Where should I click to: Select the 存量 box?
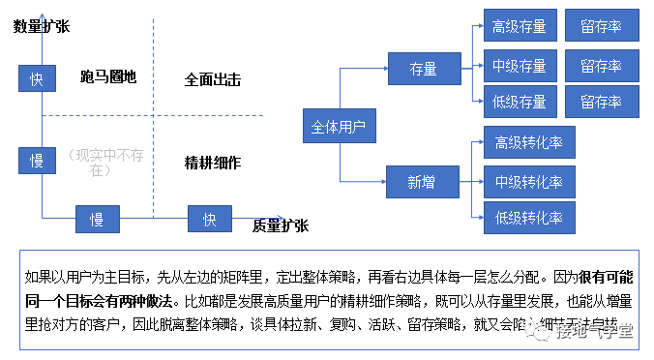pyautogui.click(x=423, y=69)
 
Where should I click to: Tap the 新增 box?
pyautogui.click(x=423, y=180)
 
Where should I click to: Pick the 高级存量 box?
pyautogui.click(x=519, y=27)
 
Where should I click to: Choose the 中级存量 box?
pyautogui.click(x=519, y=66)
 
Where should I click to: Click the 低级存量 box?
pyautogui.click(x=519, y=102)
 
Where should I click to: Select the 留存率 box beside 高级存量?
pyautogui.click(x=601, y=27)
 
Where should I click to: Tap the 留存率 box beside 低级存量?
pyautogui.click(x=601, y=102)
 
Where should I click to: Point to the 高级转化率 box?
pyautogui.click(x=528, y=143)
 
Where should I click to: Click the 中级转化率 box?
pyautogui.click(x=528, y=180)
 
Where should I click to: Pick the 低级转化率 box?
pyautogui.click(x=528, y=217)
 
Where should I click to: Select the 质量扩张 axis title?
pyautogui.click(x=280, y=225)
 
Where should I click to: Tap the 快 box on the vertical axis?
pyautogui.click(x=36, y=78)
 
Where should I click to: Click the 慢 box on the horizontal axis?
pyautogui.click(x=97, y=220)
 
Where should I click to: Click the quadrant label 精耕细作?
pyautogui.click(x=212, y=162)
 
